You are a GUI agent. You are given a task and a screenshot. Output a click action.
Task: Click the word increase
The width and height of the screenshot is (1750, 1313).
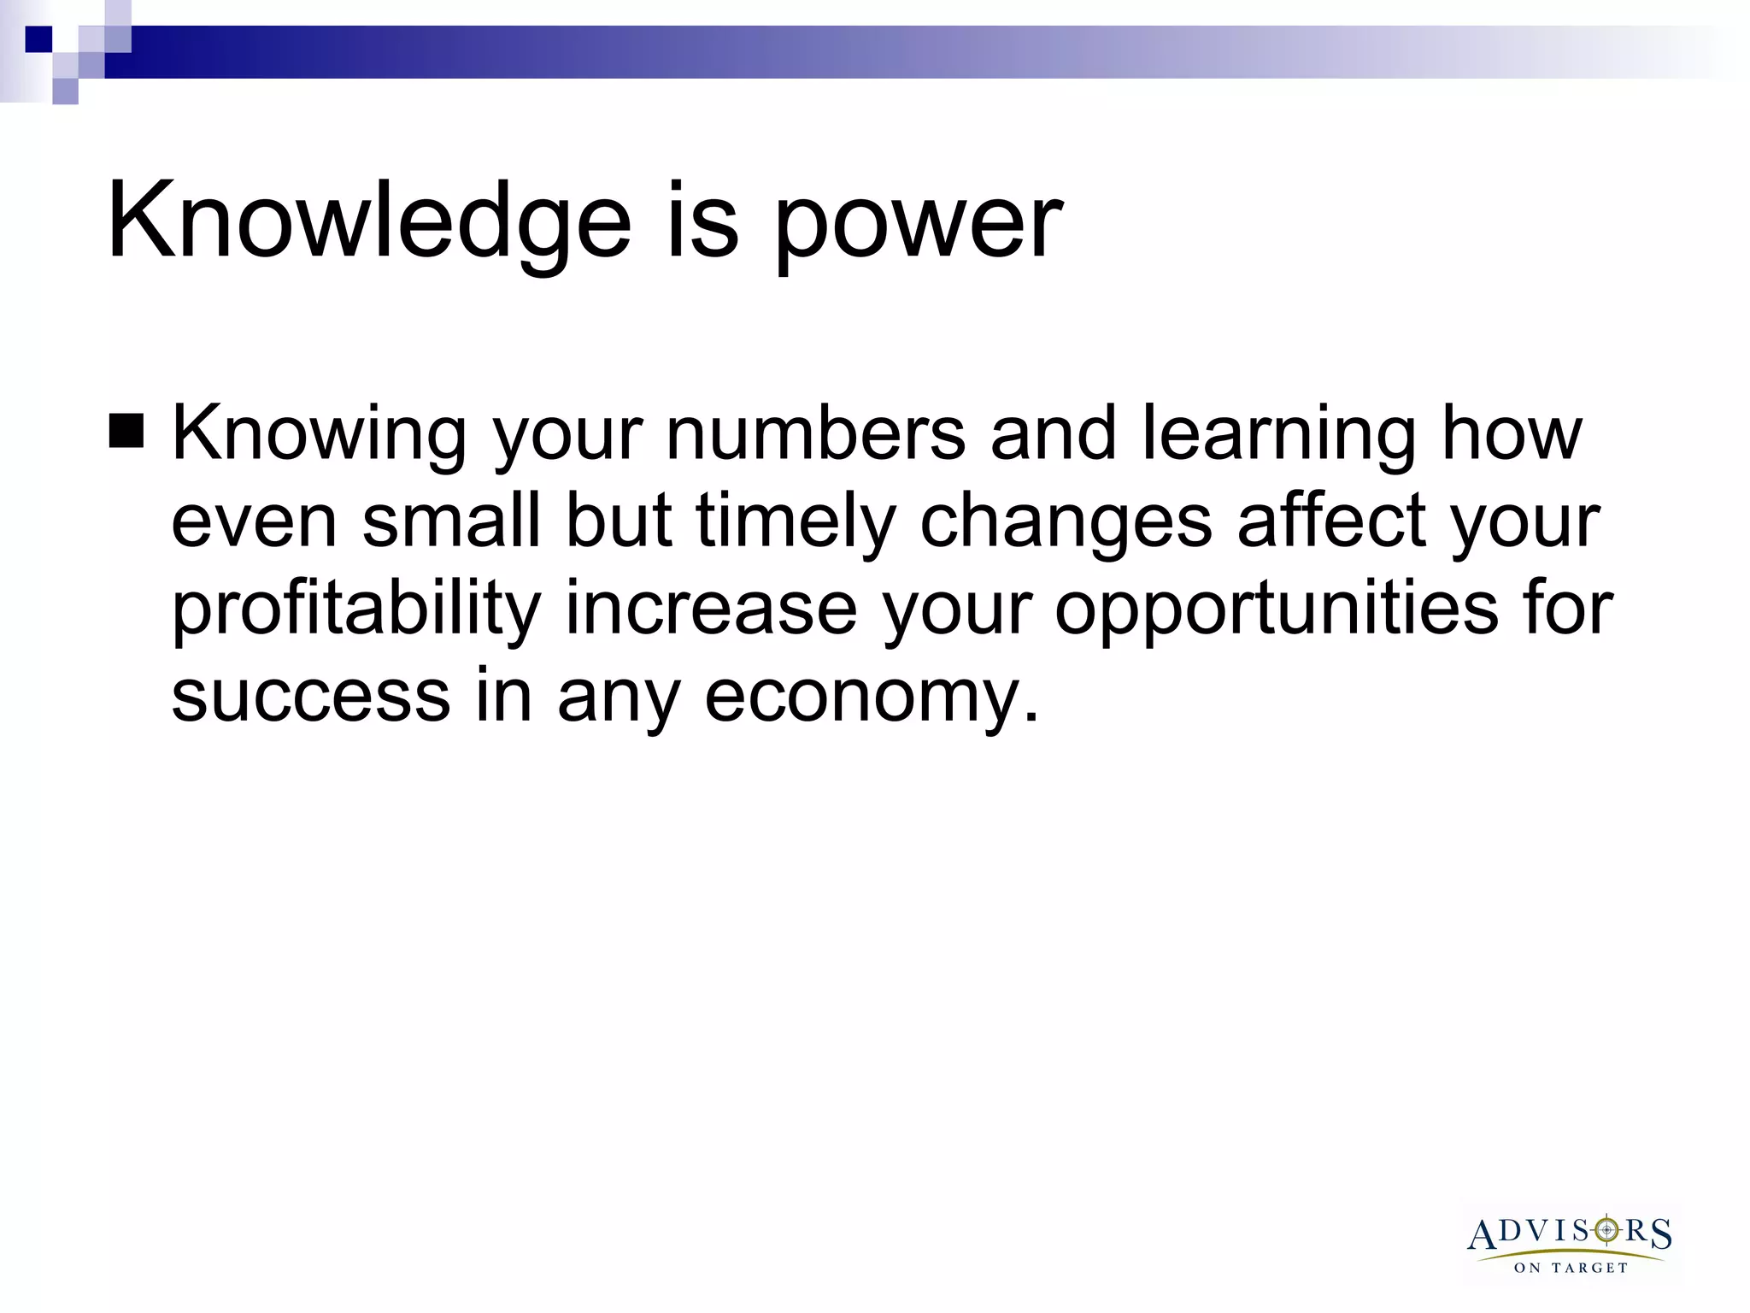pyautogui.click(x=711, y=609)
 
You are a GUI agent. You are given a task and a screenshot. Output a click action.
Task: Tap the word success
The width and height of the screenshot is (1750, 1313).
pyautogui.click(x=310, y=696)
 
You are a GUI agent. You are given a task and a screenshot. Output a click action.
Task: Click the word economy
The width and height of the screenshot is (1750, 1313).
pyautogui.click(x=872, y=698)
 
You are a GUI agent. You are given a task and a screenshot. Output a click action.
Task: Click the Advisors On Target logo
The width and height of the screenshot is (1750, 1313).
pyautogui.click(x=1571, y=1244)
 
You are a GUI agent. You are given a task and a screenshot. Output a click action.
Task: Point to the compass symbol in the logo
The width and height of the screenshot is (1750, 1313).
pyautogui.click(x=1607, y=1230)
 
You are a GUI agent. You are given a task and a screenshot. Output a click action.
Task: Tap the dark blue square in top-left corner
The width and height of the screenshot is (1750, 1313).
pyautogui.click(x=38, y=39)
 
